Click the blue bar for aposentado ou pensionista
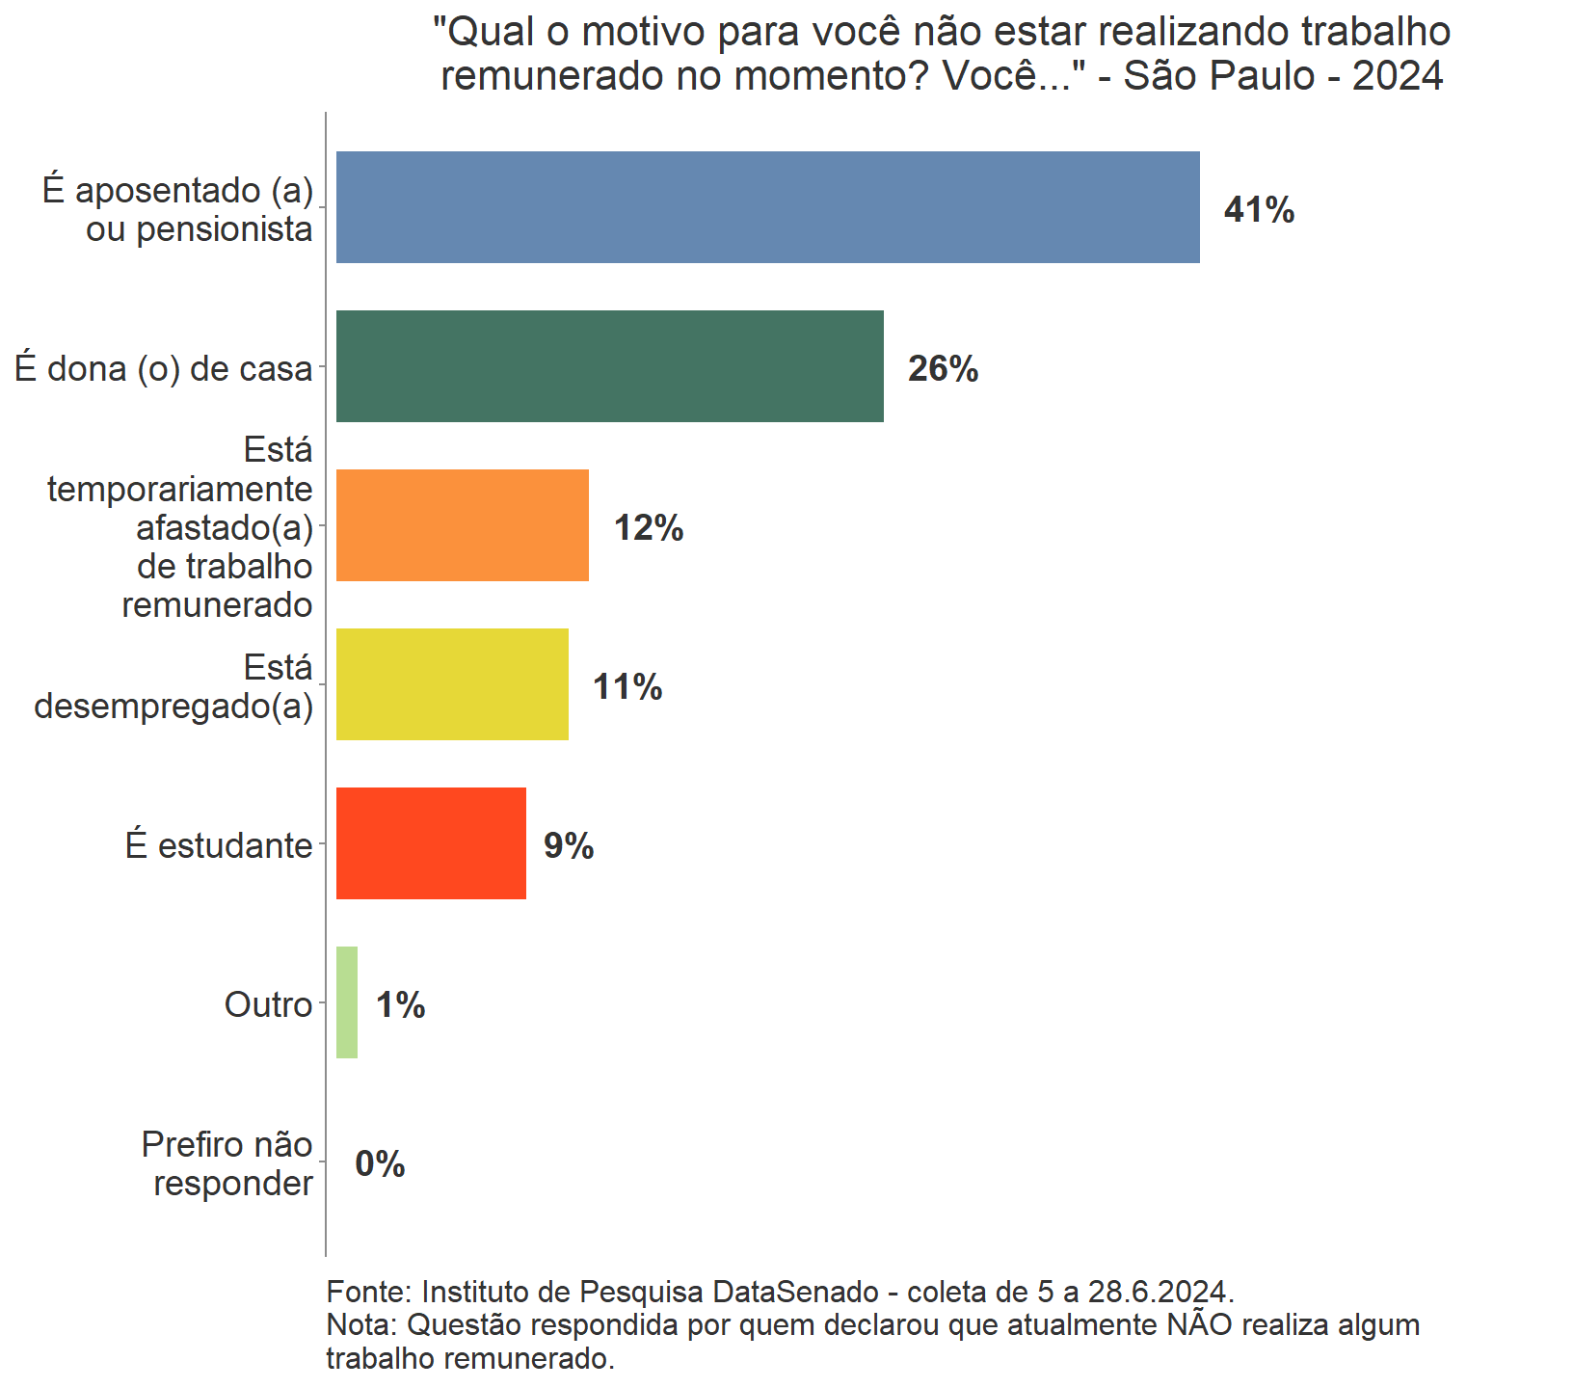coord(767,207)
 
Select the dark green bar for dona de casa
coord(609,366)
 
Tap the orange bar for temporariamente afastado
coord(462,525)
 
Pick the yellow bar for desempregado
coord(452,684)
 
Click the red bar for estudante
coord(431,843)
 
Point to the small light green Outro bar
coord(347,1002)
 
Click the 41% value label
coord(1259,210)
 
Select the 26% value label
coord(943,369)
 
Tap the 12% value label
coord(649,528)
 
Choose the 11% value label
coord(627,687)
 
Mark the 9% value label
coord(569,846)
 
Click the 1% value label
coord(400,1005)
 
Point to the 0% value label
coord(380,1164)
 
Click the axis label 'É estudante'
coord(219,845)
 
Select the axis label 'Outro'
coord(268,1004)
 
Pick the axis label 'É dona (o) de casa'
coord(164,368)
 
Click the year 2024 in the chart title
coord(1397,75)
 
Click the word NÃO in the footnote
coord(1199,1324)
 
